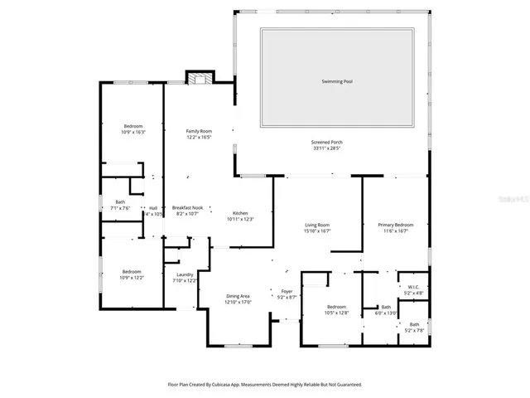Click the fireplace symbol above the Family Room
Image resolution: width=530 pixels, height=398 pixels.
[197, 79]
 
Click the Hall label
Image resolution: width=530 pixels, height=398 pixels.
[153, 207]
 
